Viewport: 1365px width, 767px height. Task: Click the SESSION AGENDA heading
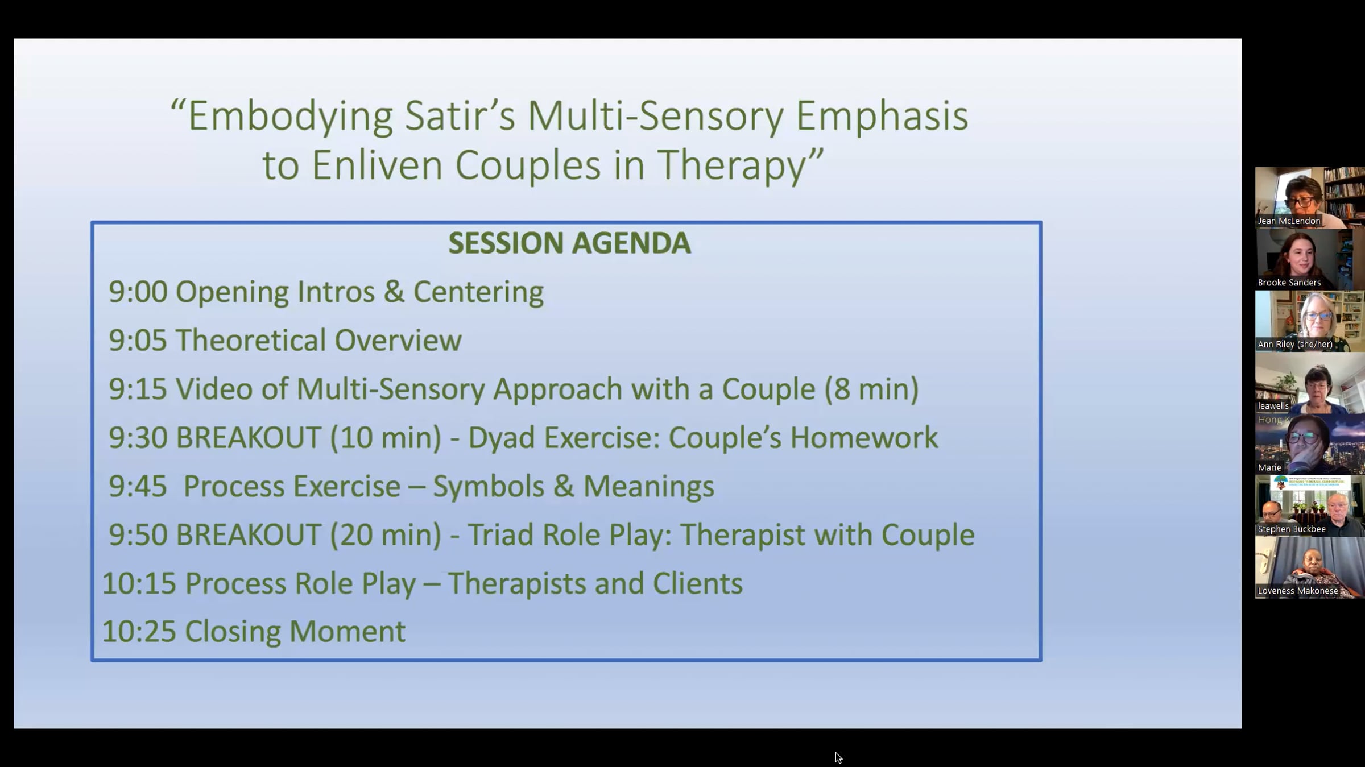point(569,243)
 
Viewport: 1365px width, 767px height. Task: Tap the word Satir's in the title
point(460,116)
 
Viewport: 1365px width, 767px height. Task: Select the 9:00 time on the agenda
point(138,292)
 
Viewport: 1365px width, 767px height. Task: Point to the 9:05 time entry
point(138,340)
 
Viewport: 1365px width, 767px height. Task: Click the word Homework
point(864,437)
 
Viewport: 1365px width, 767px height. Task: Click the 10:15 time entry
point(139,583)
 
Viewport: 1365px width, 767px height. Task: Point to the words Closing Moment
point(295,632)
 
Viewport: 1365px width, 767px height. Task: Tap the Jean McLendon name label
point(1289,221)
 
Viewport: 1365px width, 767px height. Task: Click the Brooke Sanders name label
point(1289,283)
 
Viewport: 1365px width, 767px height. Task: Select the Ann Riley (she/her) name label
point(1295,344)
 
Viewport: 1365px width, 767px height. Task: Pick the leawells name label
point(1273,406)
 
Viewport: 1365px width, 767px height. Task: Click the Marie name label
point(1269,467)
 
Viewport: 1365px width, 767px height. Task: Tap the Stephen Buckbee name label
point(1292,529)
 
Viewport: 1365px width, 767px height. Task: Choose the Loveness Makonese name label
point(1297,591)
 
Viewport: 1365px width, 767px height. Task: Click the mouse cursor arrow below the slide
point(838,757)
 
